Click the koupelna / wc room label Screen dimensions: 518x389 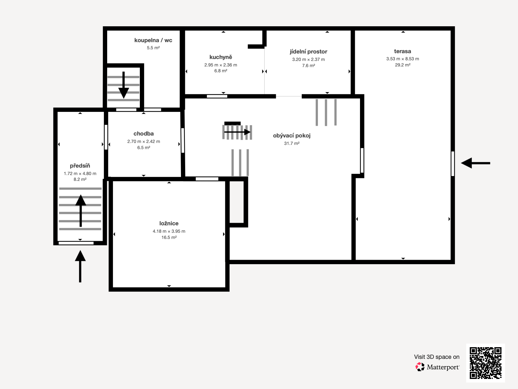point(153,40)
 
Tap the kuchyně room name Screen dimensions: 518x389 point(221,57)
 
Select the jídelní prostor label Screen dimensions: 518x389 point(309,52)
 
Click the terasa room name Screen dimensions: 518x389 point(403,51)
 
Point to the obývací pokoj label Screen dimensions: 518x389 point(292,136)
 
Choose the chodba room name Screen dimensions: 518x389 point(143,134)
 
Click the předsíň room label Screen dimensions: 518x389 point(80,166)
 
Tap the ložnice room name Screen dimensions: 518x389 point(169,223)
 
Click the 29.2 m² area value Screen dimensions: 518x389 point(403,65)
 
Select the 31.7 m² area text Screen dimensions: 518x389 point(292,143)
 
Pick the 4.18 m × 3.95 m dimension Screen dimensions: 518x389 point(169,231)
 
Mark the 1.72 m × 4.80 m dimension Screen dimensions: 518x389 point(80,174)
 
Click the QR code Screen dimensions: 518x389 point(485,363)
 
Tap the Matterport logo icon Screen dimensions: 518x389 point(420,367)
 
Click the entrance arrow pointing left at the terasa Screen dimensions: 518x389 point(476,163)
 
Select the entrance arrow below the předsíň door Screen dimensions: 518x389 point(80,266)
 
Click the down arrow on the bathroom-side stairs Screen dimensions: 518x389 point(123,85)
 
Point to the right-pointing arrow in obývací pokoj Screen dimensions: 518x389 point(237,132)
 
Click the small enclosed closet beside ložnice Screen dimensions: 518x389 point(237,202)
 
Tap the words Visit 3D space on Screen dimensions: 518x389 point(437,357)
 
